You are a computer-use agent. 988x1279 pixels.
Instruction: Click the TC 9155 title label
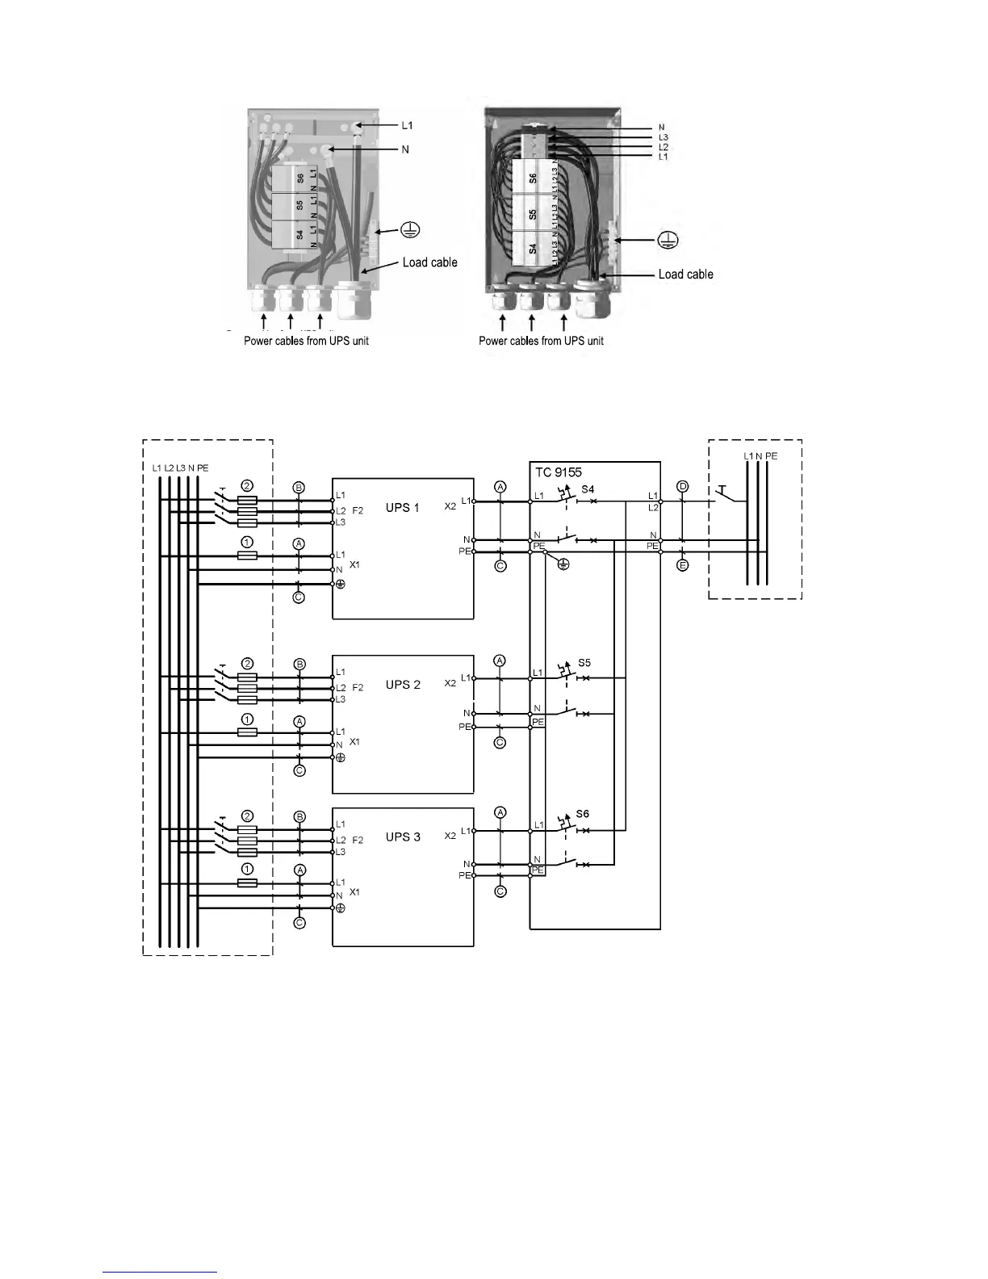[x=559, y=472]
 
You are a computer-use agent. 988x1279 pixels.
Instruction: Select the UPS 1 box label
[x=403, y=507]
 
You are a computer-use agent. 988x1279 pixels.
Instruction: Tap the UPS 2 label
[x=403, y=684]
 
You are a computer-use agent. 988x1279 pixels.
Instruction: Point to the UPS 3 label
[x=403, y=837]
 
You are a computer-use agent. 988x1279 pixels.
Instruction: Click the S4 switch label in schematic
[x=588, y=489]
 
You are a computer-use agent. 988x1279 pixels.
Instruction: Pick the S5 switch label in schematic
[x=584, y=663]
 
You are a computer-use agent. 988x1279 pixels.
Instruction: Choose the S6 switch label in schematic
[x=583, y=814]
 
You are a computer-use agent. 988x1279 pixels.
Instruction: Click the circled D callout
[x=683, y=486]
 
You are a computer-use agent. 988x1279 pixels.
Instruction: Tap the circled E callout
[x=683, y=565]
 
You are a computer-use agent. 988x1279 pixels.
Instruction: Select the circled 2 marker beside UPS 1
[x=248, y=486]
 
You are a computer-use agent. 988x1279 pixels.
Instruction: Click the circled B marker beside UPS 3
[x=299, y=817]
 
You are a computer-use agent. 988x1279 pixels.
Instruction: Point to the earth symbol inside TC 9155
[x=563, y=564]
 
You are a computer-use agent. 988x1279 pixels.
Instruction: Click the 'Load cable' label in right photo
[x=685, y=275]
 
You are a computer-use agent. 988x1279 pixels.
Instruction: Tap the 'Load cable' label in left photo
[x=429, y=262]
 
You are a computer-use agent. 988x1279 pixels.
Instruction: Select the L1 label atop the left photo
[x=408, y=126]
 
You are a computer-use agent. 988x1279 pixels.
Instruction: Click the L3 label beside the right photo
[x=663, y=138]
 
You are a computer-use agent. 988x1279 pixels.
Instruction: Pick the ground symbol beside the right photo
[x=668, y=240]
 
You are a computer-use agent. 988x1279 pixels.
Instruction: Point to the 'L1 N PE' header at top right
[x=760, y=456]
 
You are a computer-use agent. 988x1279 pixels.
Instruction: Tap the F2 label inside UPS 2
[x=358, y=688]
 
